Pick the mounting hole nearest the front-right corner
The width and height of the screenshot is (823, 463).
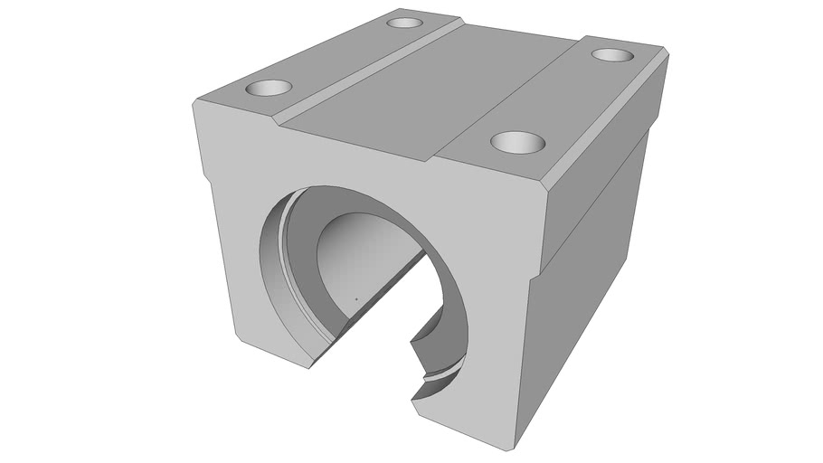(x=518, y=141)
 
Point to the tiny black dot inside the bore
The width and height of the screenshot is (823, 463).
(x=356, y=298)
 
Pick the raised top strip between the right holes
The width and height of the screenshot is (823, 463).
(x=561, y=95)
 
